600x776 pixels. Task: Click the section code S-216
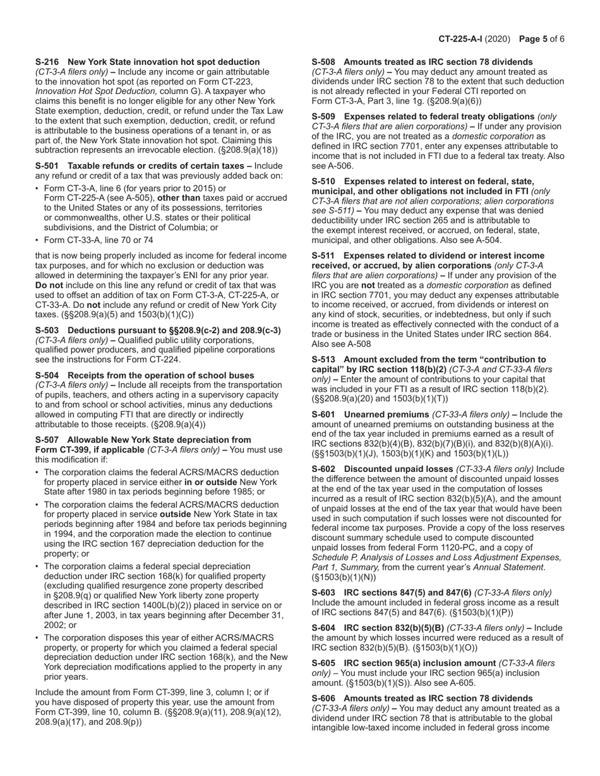[x=47, y=62]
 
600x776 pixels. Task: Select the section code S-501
[x=47, y=166]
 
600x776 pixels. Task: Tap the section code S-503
[x=47, y=331]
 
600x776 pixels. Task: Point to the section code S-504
[x=47, y=375]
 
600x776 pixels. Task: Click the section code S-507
[x=47, y=440]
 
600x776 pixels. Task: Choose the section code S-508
[x=324, y=62]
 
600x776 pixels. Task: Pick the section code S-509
[x=324, y=117]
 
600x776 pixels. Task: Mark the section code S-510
[x=324, y=181]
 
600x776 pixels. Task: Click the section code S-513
[x=324, y=360]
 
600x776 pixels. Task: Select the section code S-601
[x=324, y=414]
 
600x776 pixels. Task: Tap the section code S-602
[x=324, y=469]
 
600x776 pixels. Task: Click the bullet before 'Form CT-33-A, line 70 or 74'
[x=37, y=240]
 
